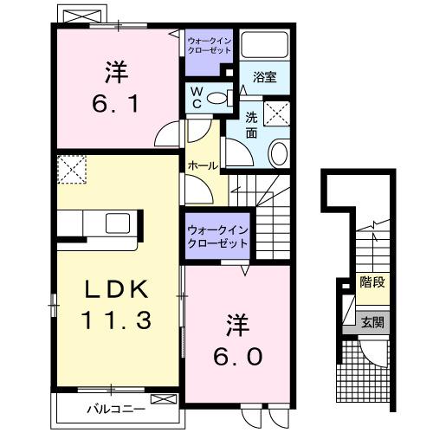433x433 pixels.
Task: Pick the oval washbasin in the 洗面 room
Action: click(280, 154)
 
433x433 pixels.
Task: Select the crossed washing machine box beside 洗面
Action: click(277, 113)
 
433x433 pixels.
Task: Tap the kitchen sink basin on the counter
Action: click(118, 223)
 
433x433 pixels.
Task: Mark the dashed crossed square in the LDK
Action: click(68, 168)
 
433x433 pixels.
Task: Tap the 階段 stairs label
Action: click(373, 281)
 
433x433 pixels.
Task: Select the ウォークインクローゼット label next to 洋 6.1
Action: click(210, 44)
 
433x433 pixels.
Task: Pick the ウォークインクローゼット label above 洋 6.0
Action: click(216, 236)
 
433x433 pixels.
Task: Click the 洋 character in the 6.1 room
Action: click(113, 69)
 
